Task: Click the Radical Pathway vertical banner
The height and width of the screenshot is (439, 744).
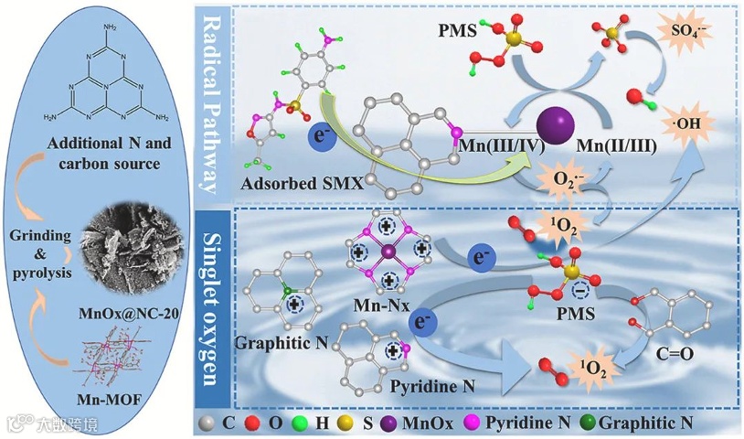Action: click(213, 107)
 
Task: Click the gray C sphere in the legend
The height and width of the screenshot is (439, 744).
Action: click(207, 423)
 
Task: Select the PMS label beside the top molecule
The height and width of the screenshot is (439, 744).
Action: click(457, 35)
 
